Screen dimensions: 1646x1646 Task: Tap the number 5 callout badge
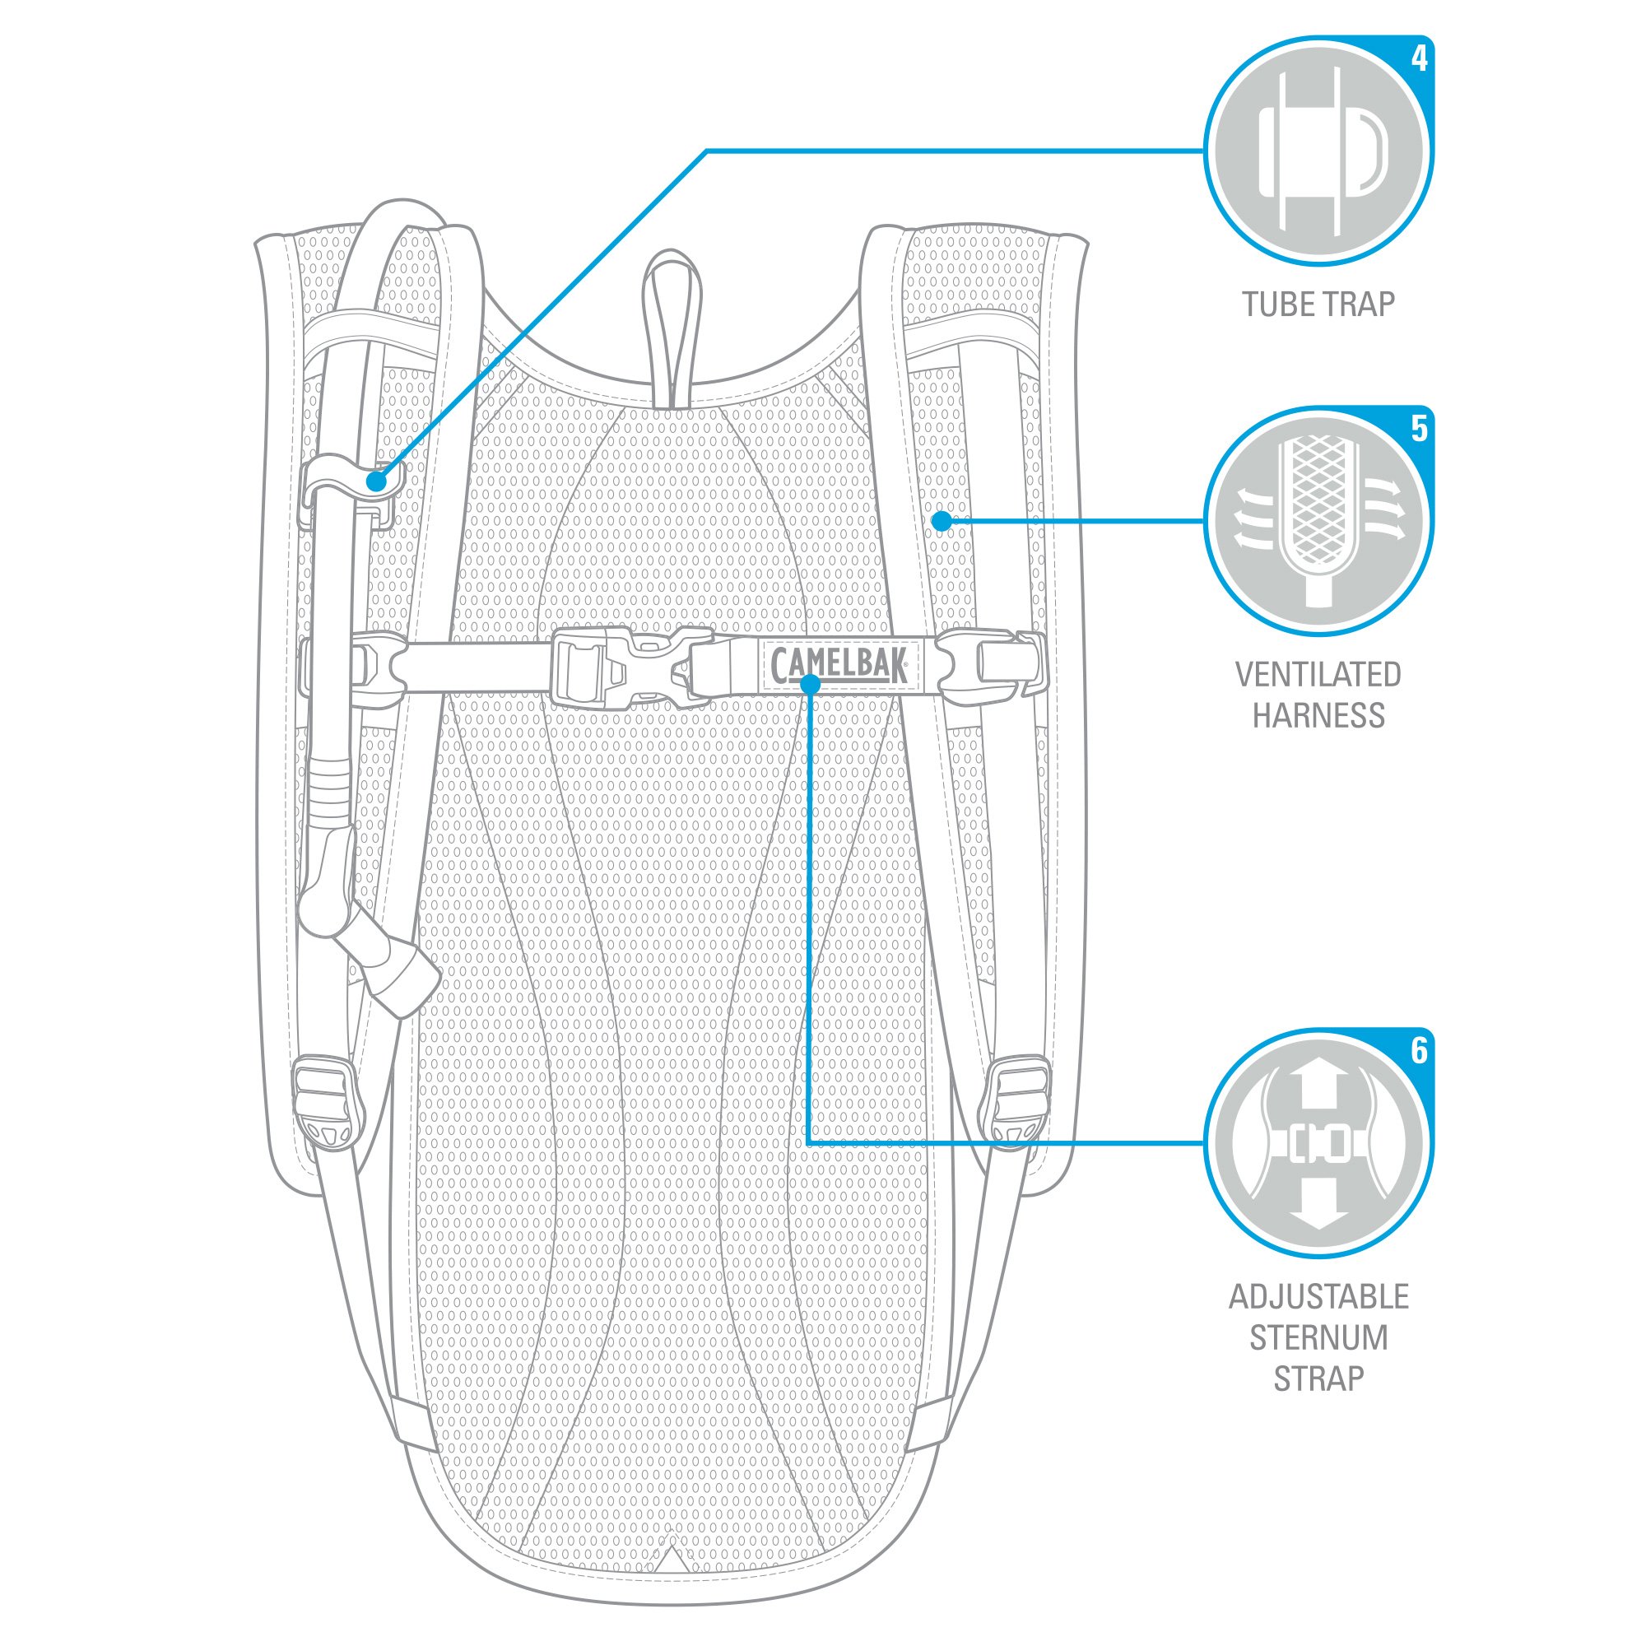(x=1419, y=429)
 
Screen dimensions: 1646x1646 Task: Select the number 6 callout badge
(x=1419, y=1049)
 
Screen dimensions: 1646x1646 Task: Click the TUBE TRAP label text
(x=1318, y=305)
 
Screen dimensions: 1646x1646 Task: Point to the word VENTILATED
(x=1318, y=674)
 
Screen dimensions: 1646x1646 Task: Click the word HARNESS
(x=1318, y=715)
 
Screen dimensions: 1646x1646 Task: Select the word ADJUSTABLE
(x=1318, y=1296)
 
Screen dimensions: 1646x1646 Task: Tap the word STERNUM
(x=1318, y=1337)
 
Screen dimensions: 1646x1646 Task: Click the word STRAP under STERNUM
(x=1318, y=1378)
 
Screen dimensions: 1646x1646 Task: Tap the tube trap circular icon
(x=1318, y=151)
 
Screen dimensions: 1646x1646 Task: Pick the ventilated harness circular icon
(x=1318, y=522)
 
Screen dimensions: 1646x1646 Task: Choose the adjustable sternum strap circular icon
(x=1318, y=1143)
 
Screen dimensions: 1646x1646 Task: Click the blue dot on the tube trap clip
(x=376, y=481)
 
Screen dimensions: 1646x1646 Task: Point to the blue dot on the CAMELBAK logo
(x=810, y=682)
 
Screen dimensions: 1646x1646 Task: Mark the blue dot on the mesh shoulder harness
(x=941, y=521)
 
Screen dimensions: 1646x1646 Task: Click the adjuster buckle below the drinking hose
(x=328, y=1099)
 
